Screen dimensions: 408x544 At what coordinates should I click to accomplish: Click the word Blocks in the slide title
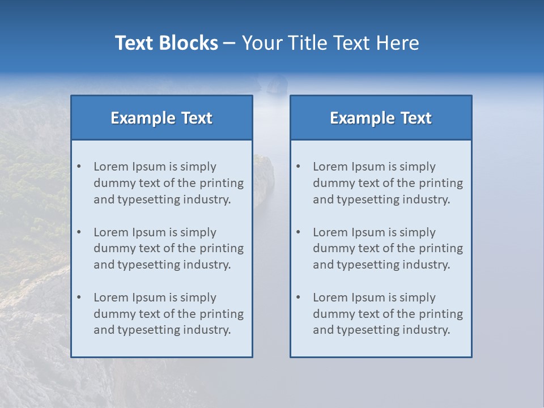188,43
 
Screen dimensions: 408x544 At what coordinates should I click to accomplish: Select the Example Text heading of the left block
161,118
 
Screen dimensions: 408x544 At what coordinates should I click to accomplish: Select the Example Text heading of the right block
381,118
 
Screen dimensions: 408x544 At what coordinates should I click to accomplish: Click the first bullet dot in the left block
79,167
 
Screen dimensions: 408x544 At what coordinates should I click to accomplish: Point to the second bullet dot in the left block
79,232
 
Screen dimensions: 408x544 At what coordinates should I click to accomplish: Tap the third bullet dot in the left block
79,297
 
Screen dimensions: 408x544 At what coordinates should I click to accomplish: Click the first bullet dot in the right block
298,167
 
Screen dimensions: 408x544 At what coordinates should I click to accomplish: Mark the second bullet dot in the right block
298,232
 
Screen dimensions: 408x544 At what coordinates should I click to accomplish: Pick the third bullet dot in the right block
298,297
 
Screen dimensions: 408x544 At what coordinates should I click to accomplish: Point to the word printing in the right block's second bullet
440,248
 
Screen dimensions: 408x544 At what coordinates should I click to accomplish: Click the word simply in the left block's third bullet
198,297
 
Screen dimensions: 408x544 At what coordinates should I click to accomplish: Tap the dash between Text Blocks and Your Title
229,43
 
